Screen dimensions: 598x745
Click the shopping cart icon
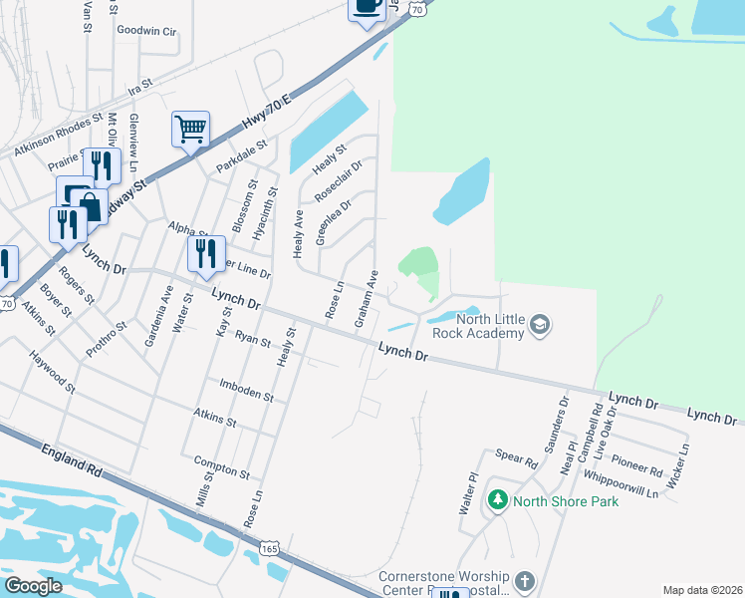click(190, 129)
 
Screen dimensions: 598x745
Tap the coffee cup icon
click(367, 6)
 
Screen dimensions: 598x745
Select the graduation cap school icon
click(539, 324)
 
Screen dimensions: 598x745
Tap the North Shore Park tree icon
click(498, 499)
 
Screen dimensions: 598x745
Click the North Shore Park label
click(565, 500)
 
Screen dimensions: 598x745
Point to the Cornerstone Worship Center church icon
click(525, 579)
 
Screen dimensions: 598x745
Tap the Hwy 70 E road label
click(274, 110)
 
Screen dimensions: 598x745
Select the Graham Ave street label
click(365, 299)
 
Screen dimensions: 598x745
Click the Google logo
click(34, 585)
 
